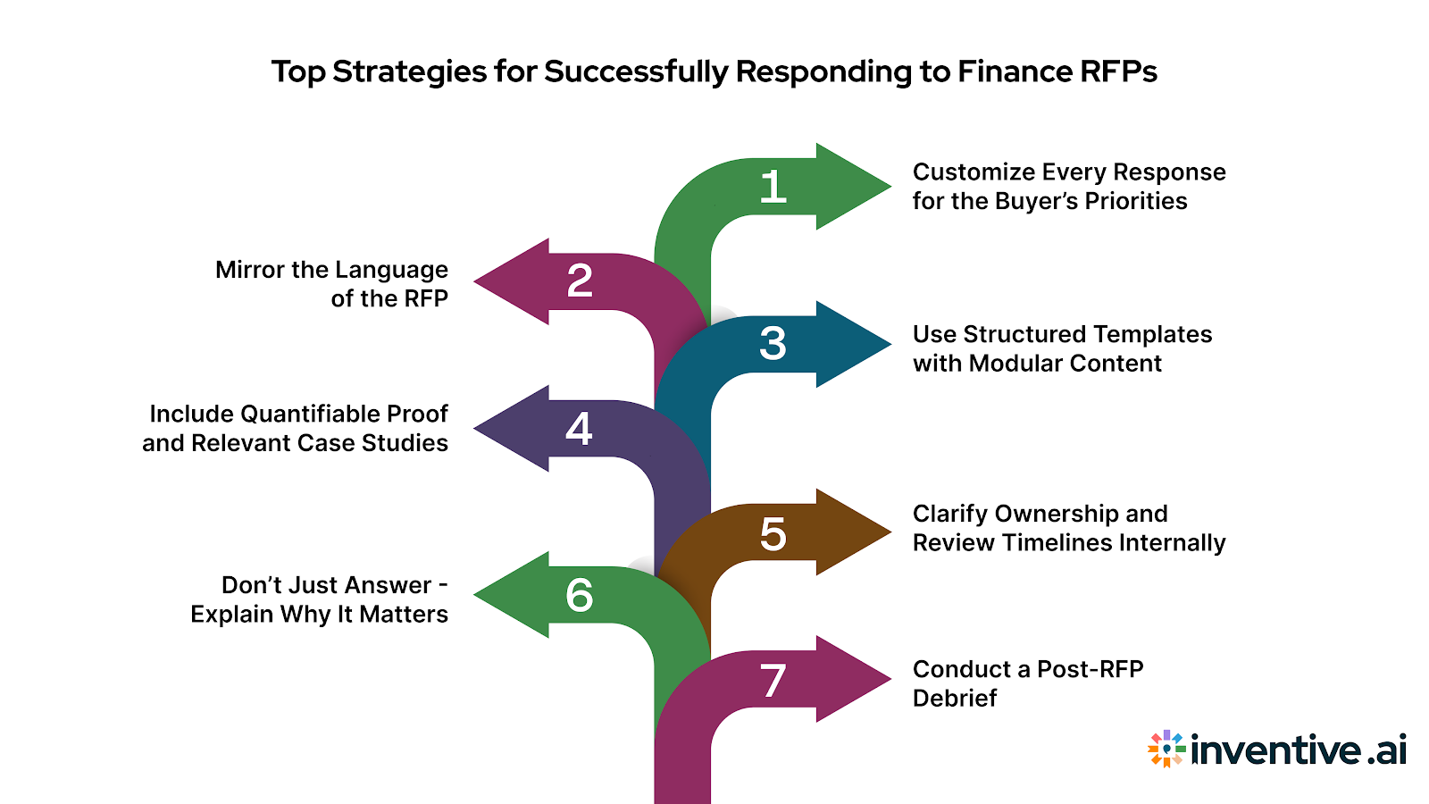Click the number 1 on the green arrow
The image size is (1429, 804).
[x=773, y=188]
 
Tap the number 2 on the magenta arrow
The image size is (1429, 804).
[x=580, y=281]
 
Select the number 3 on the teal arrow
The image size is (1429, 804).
[x=773, y=344]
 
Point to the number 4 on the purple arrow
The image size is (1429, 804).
[x=579, y=429]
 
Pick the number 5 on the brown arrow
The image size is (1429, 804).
[x=773, y=534]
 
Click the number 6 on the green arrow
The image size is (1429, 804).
[x=579, y=596]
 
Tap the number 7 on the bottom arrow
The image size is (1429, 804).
[x=773, y=681]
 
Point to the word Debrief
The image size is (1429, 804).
[x=954, y=699]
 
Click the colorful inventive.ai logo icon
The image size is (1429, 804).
[x=1166, y=749]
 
